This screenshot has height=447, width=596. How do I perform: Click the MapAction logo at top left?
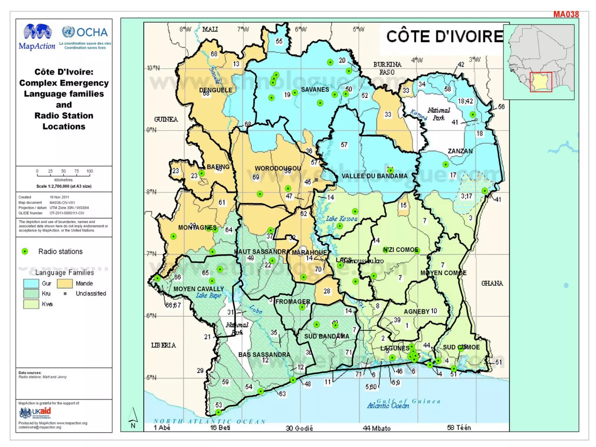(37, 37)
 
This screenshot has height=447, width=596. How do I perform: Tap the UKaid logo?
(35, 413)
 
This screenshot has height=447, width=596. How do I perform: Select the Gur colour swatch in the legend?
(31, 283)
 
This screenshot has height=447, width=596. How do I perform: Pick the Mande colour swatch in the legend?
(65, 283)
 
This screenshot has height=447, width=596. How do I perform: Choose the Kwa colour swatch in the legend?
(31, 304)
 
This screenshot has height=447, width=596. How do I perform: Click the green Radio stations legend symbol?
(25, 251)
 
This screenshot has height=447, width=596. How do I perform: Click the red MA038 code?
(566, 14)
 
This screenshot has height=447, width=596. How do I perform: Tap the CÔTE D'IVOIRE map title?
(445, 37)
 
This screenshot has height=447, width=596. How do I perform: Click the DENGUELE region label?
(216, 90)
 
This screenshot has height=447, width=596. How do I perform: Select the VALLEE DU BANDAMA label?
(374, 176)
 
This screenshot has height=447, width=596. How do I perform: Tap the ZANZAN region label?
(460, 151)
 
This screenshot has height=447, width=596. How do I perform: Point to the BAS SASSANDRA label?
(264, 355)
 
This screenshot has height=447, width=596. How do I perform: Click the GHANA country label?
(492, 283)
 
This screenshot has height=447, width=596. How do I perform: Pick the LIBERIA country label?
(163, 345)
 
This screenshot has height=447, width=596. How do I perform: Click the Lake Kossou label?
(341, 219)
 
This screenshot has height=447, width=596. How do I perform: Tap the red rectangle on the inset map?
(541, 82)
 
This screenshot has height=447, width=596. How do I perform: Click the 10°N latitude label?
(153, 68)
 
